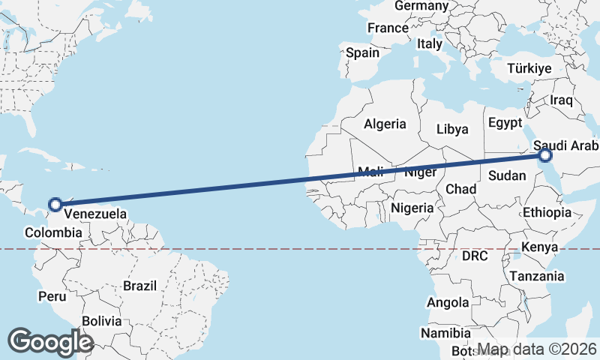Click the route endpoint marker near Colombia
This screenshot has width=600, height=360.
(x=55, y=203)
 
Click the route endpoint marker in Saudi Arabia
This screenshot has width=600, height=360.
(x=544, y=155)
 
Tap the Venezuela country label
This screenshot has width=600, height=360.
(x=94, y=214)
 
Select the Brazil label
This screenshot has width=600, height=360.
(x=139, y=286)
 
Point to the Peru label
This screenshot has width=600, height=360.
(x=53, y=297)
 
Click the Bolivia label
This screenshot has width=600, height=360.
(x=101, y=321)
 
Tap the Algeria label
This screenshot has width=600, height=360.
(x=385, y=124)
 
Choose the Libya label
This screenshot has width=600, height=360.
(x=452, y=129)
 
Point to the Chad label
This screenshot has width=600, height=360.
(x=460, y=190)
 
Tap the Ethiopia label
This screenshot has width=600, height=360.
(x=547, y=212)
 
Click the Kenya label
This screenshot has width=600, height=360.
(x=539, y=247)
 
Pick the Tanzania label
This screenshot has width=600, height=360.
(x=537, y=277)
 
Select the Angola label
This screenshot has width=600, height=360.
(x=447, y=303)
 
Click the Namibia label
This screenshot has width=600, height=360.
(x=445, y=333)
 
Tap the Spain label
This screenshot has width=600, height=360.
(x=362, y=53)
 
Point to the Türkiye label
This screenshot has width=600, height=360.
(x=529, y=68)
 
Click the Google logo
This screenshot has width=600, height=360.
(x=50, y=342)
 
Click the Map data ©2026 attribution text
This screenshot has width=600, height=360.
(x=537, y=349)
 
